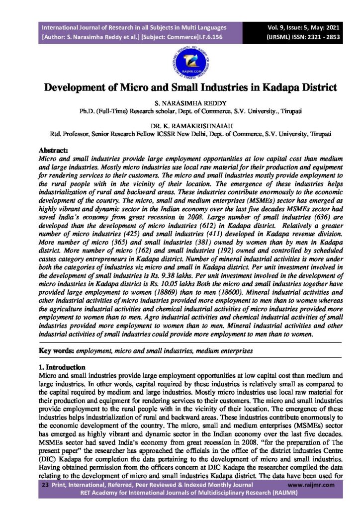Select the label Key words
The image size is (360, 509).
click(x=56, y=351)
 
